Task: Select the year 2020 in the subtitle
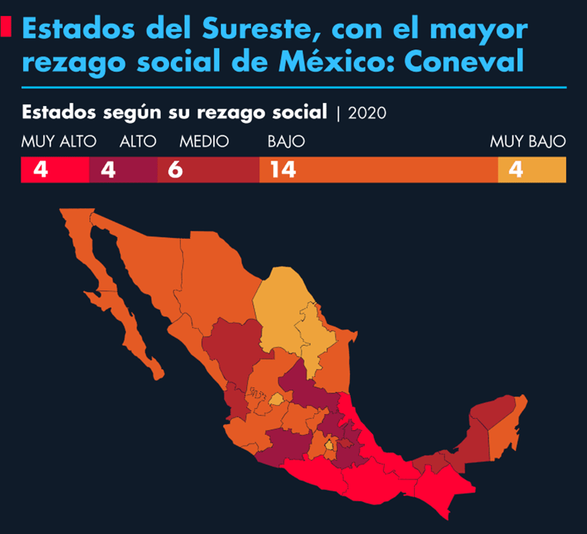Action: [x=367, y=113]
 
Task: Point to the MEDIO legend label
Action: [x=204, y=141]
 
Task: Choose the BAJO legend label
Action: [x=285, y=141]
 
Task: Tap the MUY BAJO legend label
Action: [x=528, y=141]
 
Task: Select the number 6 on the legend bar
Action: [x=175, y=170]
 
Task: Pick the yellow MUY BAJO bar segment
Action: [x=532, y=170]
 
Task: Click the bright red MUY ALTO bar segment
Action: [x=55, y=170]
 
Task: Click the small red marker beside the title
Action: [x=7, y=28]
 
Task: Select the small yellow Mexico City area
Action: [x=330, y=445]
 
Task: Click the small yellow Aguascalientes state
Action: [x=275, y=399]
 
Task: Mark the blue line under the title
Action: [x=293, y=87]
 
